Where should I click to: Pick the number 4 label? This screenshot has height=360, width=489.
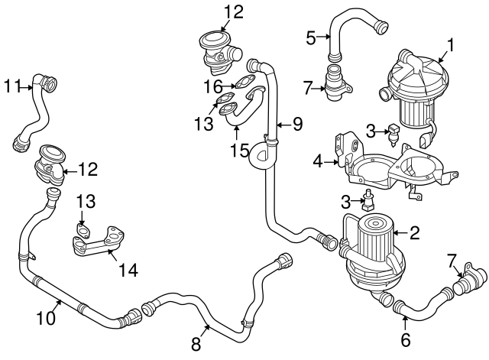tap(318, 161)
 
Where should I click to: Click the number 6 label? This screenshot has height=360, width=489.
tap(406, 339)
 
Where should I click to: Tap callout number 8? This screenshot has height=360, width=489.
tap(196, 344)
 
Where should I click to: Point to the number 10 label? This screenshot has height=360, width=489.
tap(47, 317)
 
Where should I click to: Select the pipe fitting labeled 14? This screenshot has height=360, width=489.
tap(95, 243)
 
